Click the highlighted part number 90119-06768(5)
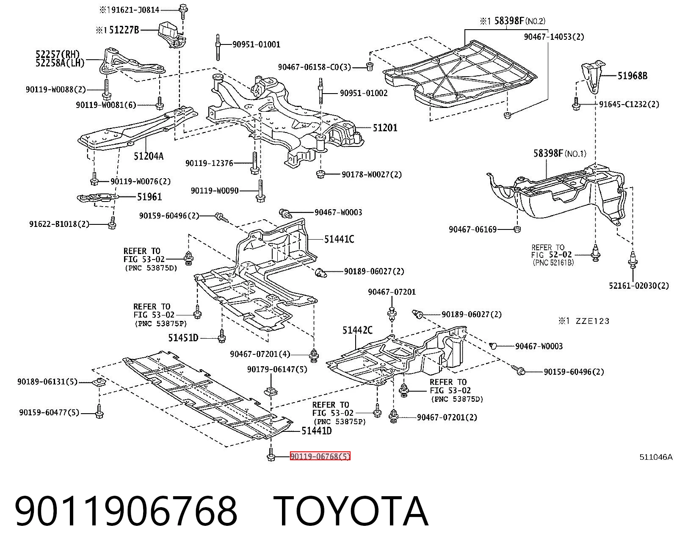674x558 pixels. pyautogui.click(x=320, y=456)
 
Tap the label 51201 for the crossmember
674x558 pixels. pyautogui.click(x=385, y=128)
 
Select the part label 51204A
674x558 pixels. pyautogui.click(x=149, y=156)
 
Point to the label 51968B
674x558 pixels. pyautogui.click(x=633, y=76)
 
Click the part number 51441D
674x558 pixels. pyautogui.click(x=316, y=431)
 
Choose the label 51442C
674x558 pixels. pyautogui.click(x=357, y=330)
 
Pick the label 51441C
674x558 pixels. pyautogui.click(x=339, y=239)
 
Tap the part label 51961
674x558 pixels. pyautogui.click(x=149, y=197)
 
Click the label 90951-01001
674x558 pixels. pyautogui.click(x=256, y=44)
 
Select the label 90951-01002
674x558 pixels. pyautogui.click(x=364, y=93)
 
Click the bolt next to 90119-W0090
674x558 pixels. pyautogui.click(x=260, y=191)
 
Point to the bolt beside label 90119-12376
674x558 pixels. pyautogui.click(x=255, y=163)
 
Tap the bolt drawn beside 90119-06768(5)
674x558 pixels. pyautogui.click(x=271, y=455)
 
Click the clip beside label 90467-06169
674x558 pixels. pyautogui.click(x=517, y=229)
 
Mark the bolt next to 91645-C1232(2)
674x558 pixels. pyautogui.click(x=576, y=104)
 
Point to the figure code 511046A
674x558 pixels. pyautogui.click(x=656, y=457)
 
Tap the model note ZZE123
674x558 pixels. pyautogui.click(x=593, y=321)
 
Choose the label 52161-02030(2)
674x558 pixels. pyautogui.click(x=639, y=285)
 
